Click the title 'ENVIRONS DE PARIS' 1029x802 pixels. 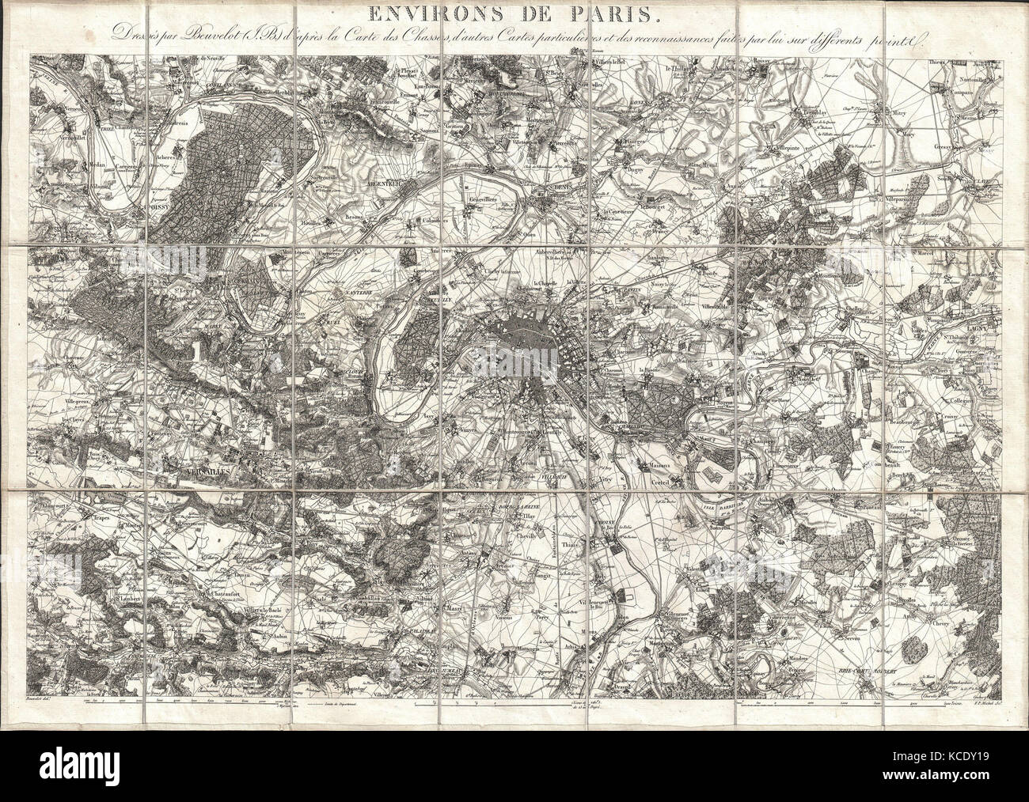click(x=514, y=13)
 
